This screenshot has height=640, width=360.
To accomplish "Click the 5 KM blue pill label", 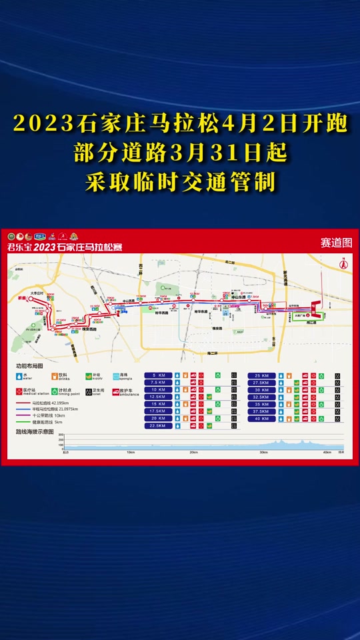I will pos(158,375).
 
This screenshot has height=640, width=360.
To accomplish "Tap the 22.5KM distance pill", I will pos(158,425).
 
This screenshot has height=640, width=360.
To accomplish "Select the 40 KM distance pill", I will pos(261,419).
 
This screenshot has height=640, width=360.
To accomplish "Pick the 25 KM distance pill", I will pos(261,375).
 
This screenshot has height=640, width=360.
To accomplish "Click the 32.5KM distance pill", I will pos(261,397).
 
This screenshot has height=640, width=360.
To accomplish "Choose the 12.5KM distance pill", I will pos(158,397).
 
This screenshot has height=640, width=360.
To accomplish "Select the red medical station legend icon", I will pos(19,391).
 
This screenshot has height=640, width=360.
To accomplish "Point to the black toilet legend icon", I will pos(88,391).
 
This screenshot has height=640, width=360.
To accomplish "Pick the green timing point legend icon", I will pos(54,391).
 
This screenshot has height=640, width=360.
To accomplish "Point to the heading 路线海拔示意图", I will pos(35,431).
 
